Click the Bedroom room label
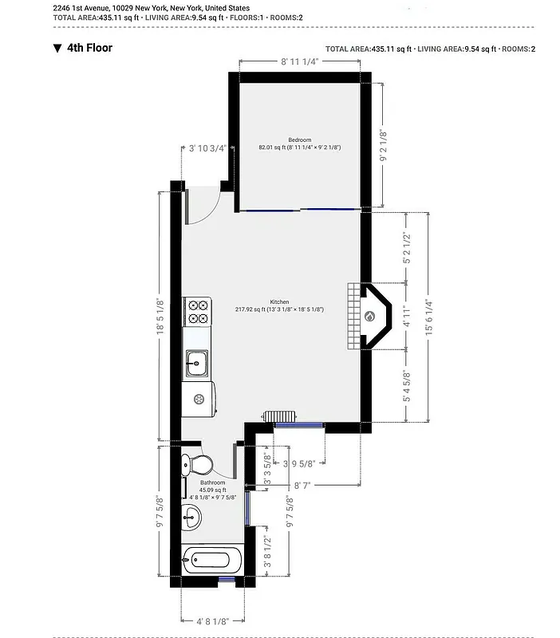coord(299,140)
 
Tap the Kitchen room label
coord(279,301)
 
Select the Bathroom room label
coord(213,482)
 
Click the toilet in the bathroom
coord(196,463)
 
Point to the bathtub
coord(211,559)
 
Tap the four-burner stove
coord(197,311)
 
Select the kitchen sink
coord(196,364)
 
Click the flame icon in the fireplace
coord(369,317)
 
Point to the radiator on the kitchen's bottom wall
coord(281,416)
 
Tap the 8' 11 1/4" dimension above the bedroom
coord(299,61)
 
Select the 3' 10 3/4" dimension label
coord(207,148)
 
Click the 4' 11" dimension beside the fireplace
coord(405,316)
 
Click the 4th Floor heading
coord(90,48)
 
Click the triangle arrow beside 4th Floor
coord(57,48)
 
